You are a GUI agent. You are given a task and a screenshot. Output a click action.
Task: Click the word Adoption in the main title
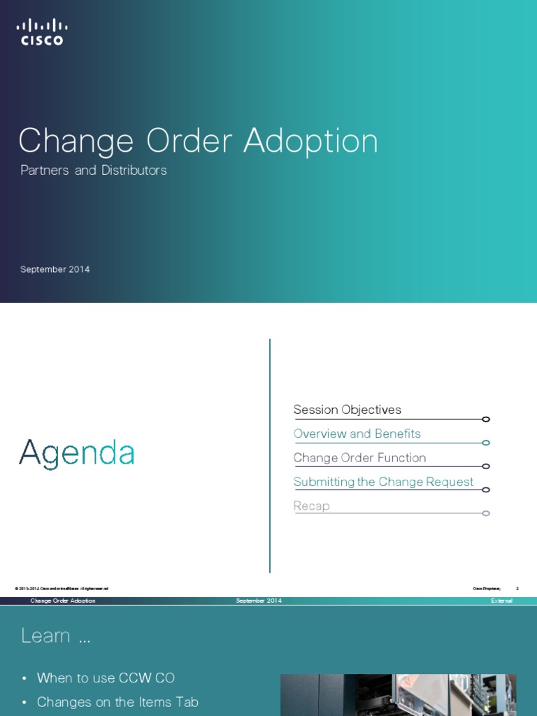310,141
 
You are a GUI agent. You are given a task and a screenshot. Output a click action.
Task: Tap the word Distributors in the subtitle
134,170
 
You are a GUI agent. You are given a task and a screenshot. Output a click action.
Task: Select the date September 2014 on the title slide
55,269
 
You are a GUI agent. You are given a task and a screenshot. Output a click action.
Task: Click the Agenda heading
76,453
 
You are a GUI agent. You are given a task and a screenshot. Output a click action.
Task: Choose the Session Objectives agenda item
347,410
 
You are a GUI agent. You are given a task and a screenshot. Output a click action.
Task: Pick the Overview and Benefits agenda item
357,434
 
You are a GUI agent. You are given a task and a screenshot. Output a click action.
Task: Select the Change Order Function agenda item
359,458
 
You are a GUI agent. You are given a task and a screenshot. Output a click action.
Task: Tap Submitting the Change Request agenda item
383,482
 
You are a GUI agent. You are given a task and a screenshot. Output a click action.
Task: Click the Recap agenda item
311,506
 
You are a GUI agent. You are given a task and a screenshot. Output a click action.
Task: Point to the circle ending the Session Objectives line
486,420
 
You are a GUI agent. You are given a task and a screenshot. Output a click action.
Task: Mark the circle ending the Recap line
486,513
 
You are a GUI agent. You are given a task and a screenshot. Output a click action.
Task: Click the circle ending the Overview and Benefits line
486,443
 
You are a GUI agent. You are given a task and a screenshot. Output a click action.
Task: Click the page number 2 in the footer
517,589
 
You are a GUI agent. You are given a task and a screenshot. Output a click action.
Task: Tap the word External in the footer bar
501,601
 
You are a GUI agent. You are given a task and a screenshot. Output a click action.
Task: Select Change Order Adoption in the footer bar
63,601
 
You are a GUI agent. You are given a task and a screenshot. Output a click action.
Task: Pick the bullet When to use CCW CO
106,678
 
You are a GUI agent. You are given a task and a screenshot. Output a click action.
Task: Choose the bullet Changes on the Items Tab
117,702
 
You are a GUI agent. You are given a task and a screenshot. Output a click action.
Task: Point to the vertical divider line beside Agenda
270,454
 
